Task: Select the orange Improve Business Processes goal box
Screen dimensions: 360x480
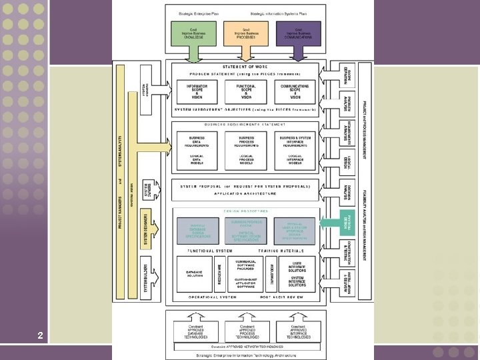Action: pyautogui.click(x=247, y=33)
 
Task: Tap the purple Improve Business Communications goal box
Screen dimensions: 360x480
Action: pyautogui.click(x=297, y=33)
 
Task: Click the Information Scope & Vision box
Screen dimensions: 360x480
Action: pyautogui.click(x=197, y=91)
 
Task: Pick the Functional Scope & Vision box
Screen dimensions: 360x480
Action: pyautogui.click(x=246, y=91)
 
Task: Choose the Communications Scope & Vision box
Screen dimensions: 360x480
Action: pyautogui.click(x=294, y=91)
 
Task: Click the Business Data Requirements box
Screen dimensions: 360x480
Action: pyautogui.click(x=197, y=147)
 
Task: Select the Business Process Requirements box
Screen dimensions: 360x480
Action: pyautogui.click(x=246, y=147)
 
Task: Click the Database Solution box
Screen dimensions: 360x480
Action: pyautogui.click(x=194, y=273)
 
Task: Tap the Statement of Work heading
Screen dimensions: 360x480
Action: pyautogui.click(x=246, y=67)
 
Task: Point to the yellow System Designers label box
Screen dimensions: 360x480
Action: pyautogui.click(x=146, y=230)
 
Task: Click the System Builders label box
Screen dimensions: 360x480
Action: pyautogui.click(x=146, y=277)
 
